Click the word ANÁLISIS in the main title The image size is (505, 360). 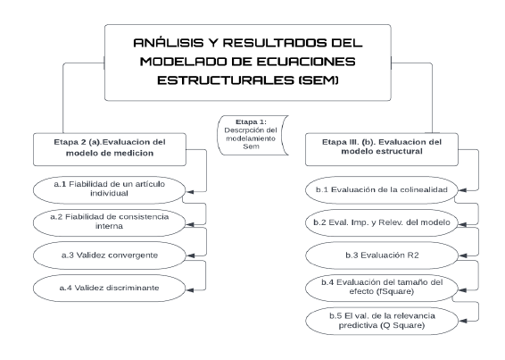pos(169,43)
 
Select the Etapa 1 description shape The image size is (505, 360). pos(252,135)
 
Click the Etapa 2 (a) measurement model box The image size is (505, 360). pos(110,149)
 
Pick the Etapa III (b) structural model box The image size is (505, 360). pos(382,149)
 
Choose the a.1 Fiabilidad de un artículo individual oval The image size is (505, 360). pos(110,190)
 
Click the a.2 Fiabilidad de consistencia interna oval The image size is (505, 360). pos(110,222)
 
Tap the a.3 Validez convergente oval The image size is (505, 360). pos(110,255)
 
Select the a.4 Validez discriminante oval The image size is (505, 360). pos(110,288)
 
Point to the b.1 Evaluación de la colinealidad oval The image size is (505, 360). pos(382,190)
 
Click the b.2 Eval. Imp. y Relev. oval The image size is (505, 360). pos(382,222)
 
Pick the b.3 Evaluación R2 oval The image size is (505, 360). pos(382,255)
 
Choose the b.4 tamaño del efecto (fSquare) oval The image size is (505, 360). pos(382,288)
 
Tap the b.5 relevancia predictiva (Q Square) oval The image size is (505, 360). pos(382,321)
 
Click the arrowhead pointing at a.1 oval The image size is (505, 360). pos(190,192)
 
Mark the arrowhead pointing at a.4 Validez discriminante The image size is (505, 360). pos(190,290)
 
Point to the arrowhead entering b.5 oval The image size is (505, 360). pos(462,321)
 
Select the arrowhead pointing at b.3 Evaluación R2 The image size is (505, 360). pos(462,255)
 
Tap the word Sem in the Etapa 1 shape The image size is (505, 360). pos(251,147)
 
